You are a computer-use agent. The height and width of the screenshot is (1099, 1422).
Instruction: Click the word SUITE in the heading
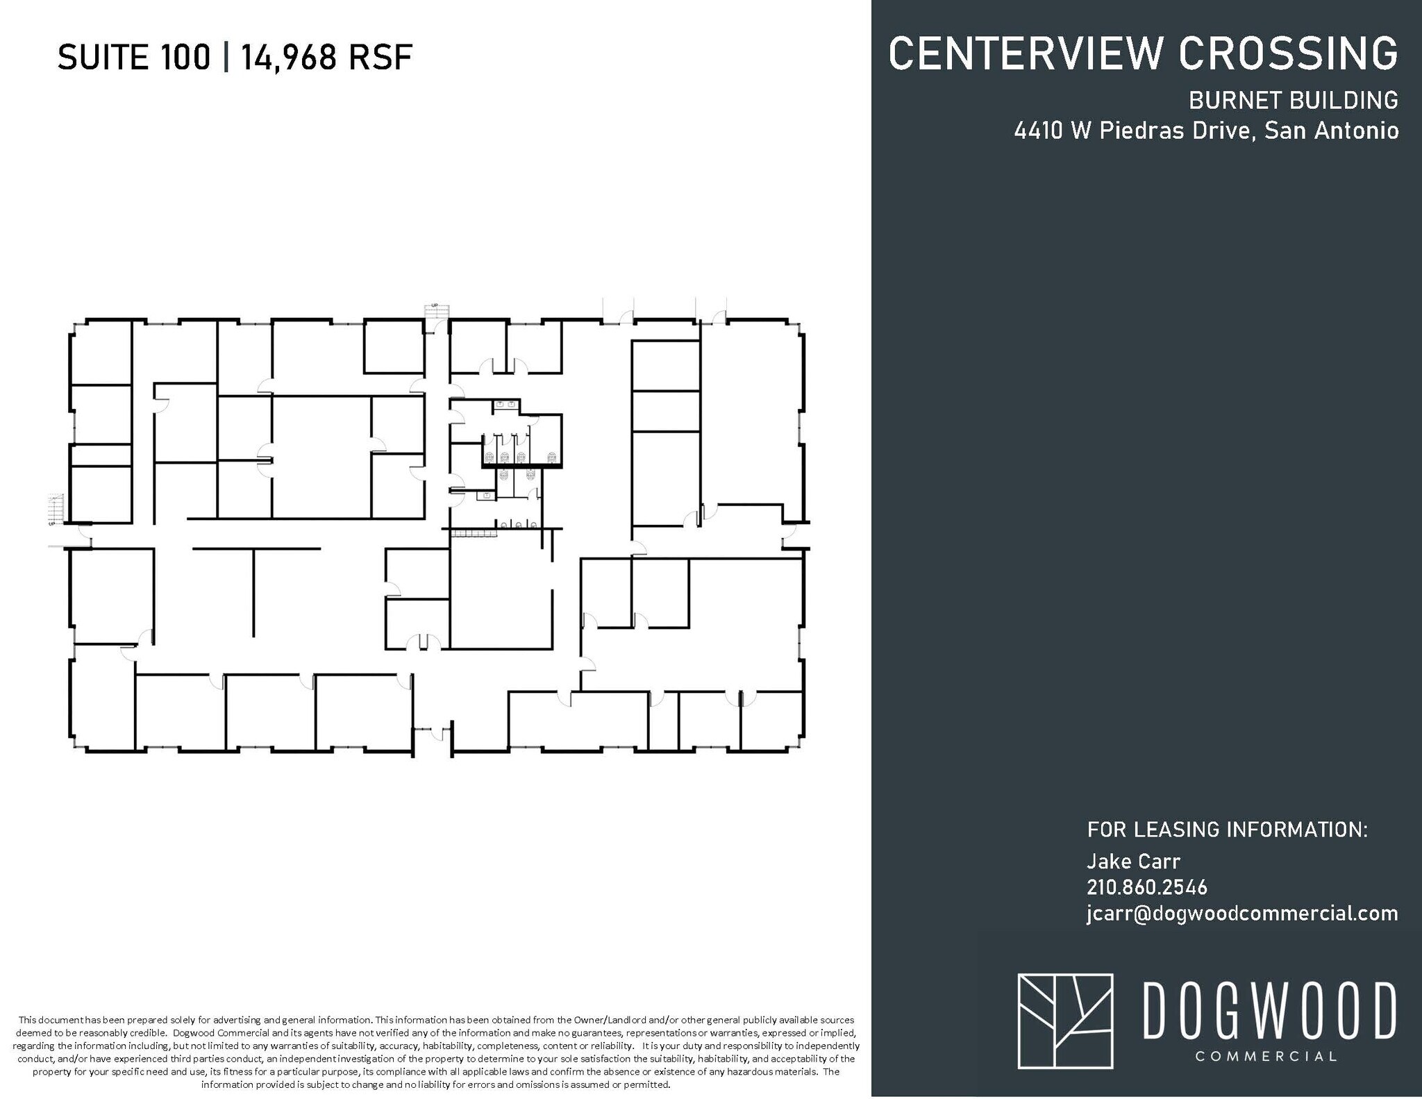point(103,57)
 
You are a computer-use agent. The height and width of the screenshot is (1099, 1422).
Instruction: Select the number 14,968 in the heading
point(287,57)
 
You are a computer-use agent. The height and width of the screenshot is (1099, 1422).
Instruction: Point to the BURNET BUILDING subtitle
point(1293,101)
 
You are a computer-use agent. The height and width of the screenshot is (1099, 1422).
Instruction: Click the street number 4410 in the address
point(1038,131)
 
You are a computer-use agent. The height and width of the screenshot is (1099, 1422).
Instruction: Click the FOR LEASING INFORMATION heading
point(1227,830)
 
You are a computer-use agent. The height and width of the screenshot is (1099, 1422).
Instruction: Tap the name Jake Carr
point(1133,862)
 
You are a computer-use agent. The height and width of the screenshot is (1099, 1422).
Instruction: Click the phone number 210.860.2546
point(1147,887)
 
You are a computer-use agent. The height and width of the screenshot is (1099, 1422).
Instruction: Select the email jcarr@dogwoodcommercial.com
point(1242,914)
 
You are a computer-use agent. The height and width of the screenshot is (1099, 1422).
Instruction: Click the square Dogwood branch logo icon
point(1065,1030)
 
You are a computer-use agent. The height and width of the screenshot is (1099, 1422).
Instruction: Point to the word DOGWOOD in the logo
point(1269,1010)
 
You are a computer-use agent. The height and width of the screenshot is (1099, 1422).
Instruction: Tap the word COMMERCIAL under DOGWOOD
point(1266,1057)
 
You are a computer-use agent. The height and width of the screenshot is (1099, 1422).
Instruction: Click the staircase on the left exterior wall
point(56,507)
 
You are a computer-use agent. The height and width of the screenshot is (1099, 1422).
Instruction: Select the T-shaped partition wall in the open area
point(254,590)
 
